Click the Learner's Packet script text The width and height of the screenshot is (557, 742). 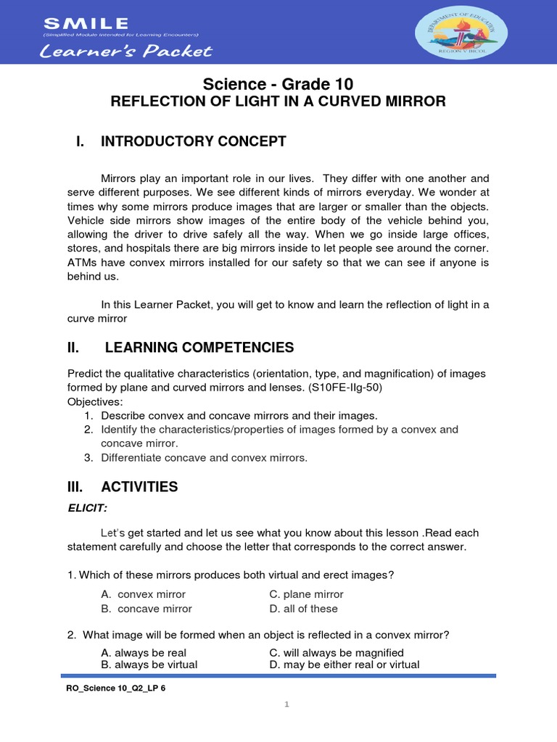coord(127,51)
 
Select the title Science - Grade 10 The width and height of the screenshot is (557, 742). coord(278,83)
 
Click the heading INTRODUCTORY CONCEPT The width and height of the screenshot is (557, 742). coord(194,141)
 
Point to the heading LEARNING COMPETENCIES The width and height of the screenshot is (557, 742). coord(199,348)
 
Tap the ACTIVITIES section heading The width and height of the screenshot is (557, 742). coord(139,487)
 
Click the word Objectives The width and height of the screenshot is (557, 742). coord(95,401)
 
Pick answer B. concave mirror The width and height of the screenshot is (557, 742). coord(147,609)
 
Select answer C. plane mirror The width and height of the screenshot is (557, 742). coord(296,594)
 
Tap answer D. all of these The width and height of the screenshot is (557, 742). coord(303,609)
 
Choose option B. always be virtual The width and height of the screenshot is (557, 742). coord(149,664)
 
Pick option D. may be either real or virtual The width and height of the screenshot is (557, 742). coord(344,664)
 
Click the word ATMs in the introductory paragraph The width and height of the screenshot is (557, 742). coord(83,263)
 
